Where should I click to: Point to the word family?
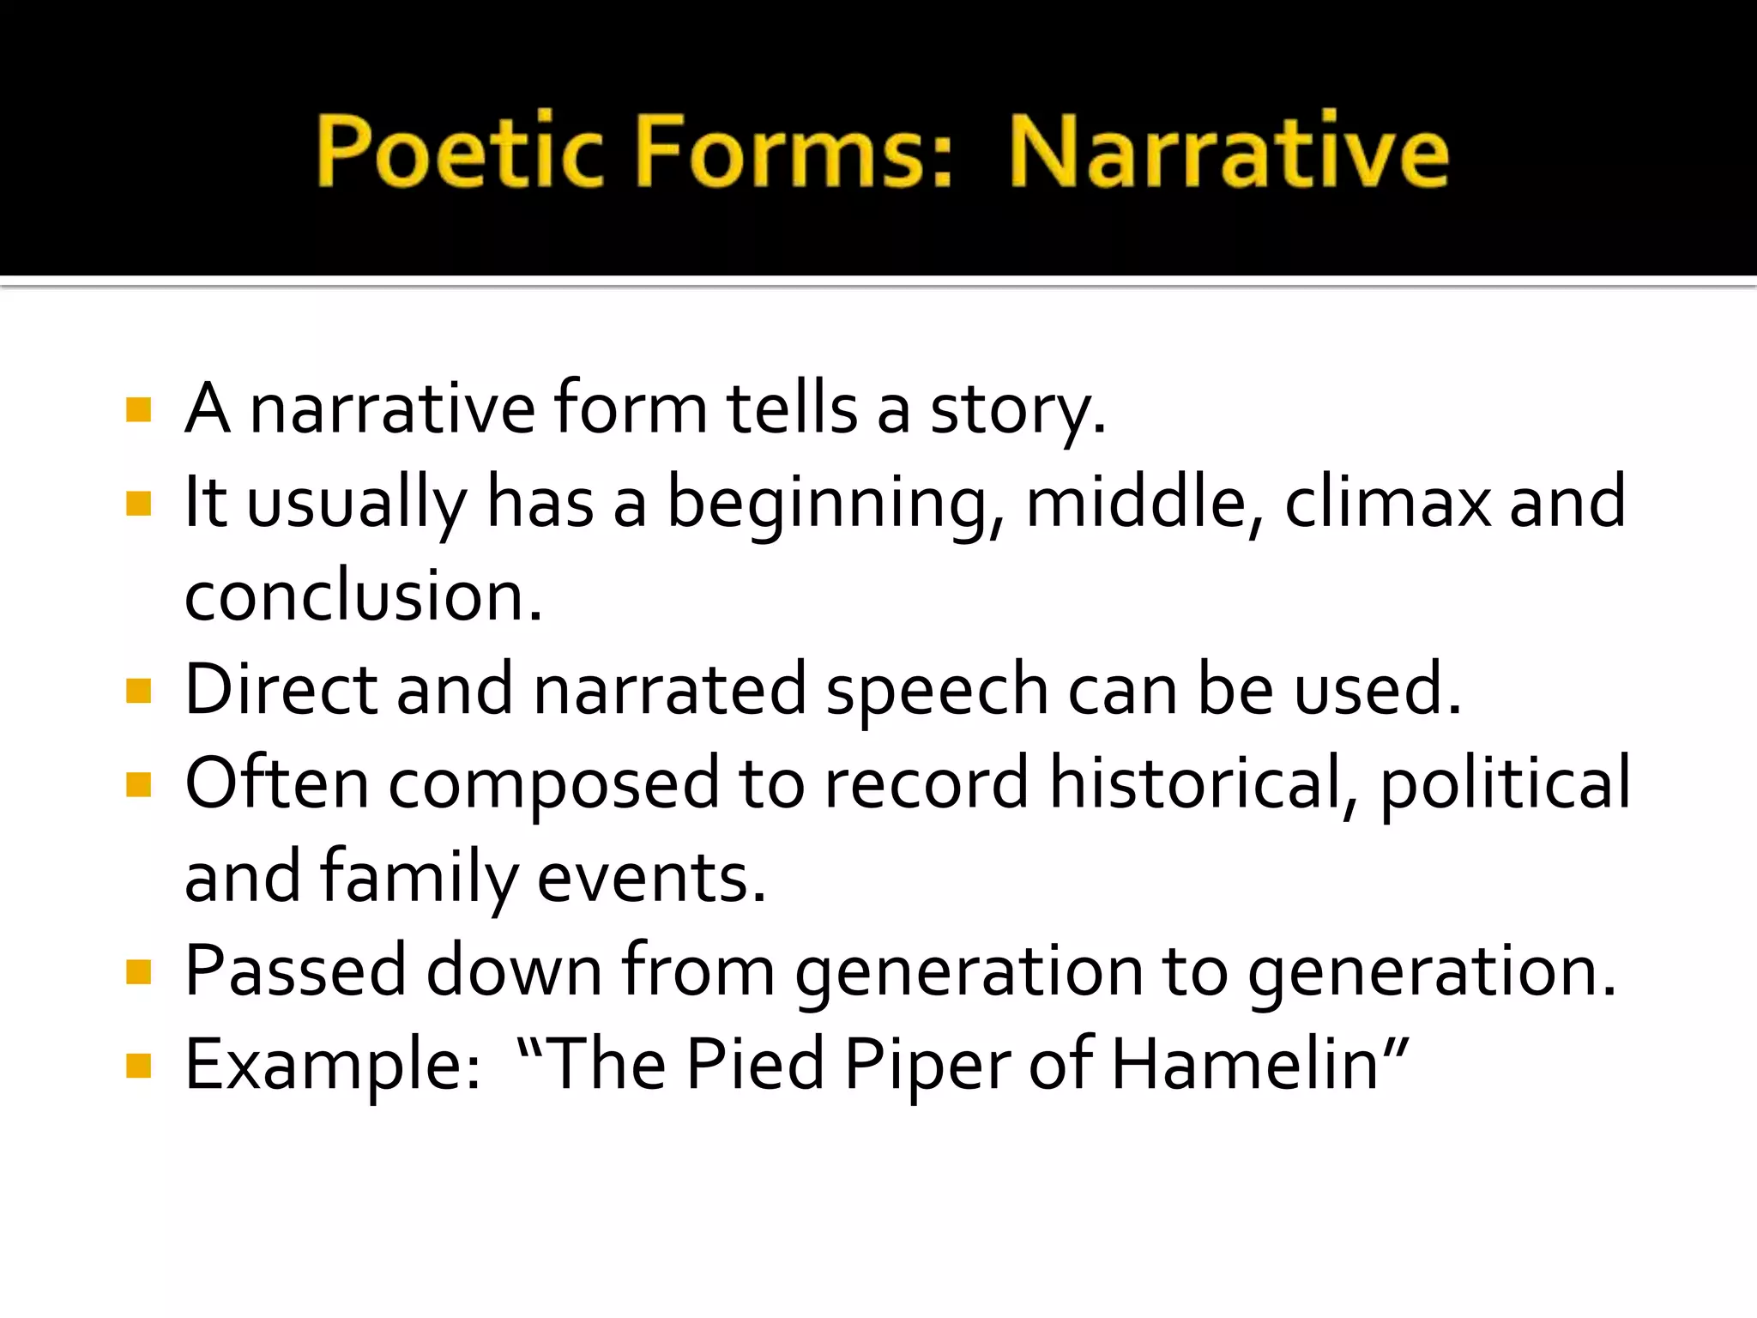tap(420, 879)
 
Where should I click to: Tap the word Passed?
tap(295, 971)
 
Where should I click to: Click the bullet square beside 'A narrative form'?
tap(138, 409)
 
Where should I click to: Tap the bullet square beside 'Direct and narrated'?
tap(138, 691)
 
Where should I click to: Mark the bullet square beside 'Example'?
tap(138, 1066)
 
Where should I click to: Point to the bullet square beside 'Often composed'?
tap(138, 784)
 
